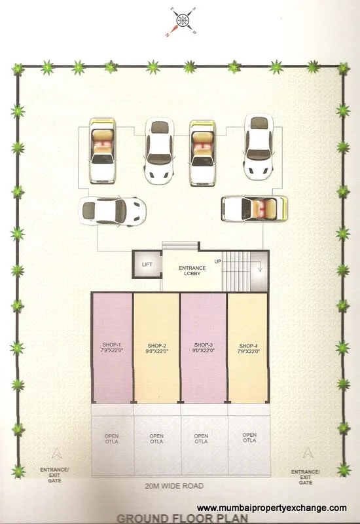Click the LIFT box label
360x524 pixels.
[147, 264]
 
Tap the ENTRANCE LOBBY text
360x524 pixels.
[192, 271]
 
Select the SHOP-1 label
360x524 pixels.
[111, 348]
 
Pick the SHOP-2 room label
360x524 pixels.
[157, 348]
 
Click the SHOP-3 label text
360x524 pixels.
[203, 348]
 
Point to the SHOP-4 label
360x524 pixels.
[249, 348]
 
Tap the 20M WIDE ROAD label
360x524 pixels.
[174, 486]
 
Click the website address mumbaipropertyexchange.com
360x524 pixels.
[272, 508]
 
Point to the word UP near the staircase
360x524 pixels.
[217, 261]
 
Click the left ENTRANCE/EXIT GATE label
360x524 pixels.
[54, 474]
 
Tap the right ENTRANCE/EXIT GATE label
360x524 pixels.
[305, 476]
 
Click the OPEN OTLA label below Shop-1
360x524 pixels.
[111, 439]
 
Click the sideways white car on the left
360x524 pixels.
[112, 210]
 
